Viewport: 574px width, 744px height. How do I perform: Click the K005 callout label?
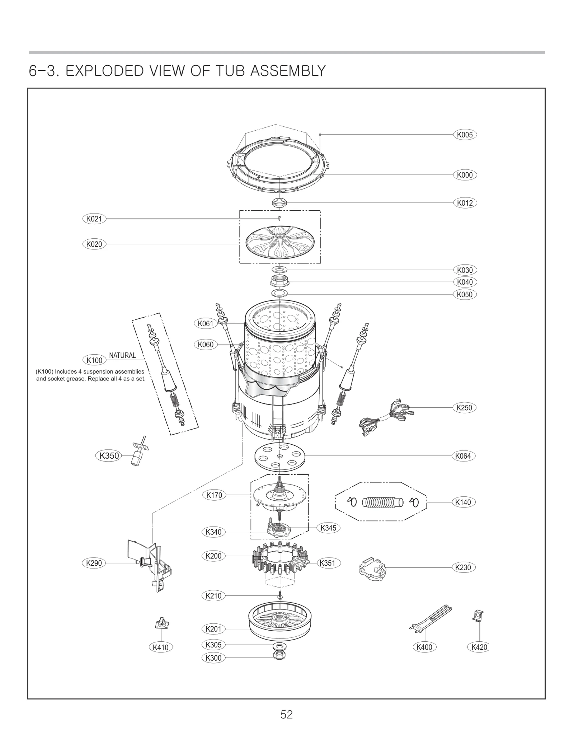click(465, 135)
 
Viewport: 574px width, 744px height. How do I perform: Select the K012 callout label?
click(465, 203)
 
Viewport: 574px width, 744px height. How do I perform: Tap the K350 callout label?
click(109, 456)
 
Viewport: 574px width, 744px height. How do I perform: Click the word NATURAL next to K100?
click(122, 355)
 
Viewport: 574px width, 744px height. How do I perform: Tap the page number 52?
click(287, 715)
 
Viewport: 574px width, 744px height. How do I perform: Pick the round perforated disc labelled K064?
click(280, 456)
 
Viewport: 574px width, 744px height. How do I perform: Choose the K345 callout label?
click(328, 528)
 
